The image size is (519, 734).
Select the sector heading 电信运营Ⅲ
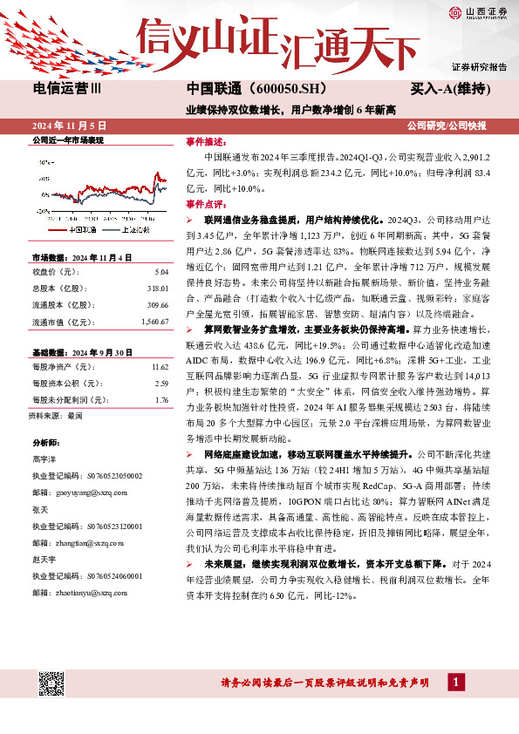click(66, 90)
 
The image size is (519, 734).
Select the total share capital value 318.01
click(157, 287)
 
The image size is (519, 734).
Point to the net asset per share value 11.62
click(159, 368)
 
